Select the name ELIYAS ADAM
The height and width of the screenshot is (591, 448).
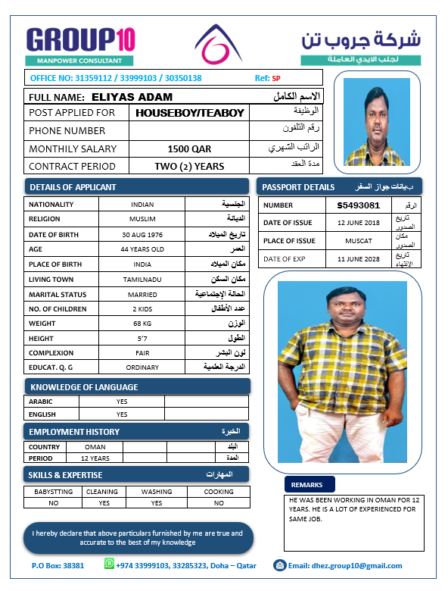tap(132, 97)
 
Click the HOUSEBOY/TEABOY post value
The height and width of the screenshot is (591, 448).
tap(189, 113)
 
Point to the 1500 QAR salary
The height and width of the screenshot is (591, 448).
tap(189, 149)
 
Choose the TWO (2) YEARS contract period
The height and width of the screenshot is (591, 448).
tap(189, 167)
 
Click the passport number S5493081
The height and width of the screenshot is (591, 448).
tap(358, 205)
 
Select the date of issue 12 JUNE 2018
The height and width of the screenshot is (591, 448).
tap(358, 223)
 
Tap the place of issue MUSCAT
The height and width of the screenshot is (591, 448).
tap(358, 241)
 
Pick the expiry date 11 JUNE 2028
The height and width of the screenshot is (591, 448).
tap(358, 259)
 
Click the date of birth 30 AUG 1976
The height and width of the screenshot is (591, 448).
tap(142, 234)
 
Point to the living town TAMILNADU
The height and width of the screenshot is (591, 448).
tap(142, 279)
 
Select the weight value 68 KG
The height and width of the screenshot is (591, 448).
tap(142, 324)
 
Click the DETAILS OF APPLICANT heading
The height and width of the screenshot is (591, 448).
tap(73, 187)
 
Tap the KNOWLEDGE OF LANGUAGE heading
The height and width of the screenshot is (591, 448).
tap(83, 387)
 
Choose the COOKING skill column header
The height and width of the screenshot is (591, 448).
tap(218, 491)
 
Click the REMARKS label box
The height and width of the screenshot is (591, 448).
tap(307, 485)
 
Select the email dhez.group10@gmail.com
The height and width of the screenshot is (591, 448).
tap(345, 565)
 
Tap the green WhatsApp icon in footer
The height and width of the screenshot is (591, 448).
tap(108, 564)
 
